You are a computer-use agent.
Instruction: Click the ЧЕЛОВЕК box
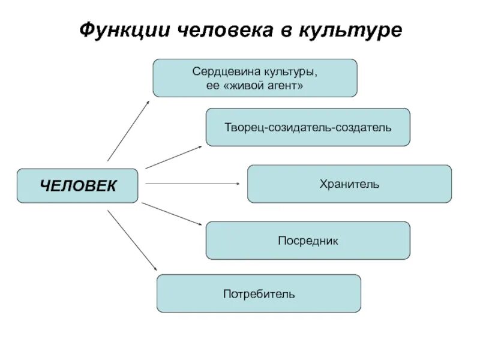77,185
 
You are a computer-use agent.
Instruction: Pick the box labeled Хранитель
349,184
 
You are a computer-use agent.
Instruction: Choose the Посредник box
308,241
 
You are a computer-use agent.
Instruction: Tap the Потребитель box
259,293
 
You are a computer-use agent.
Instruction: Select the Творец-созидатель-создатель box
308,127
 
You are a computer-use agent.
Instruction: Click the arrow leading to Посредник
173,214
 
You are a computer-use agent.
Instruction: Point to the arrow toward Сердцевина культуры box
129,130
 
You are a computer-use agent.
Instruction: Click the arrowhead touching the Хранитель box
241,184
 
